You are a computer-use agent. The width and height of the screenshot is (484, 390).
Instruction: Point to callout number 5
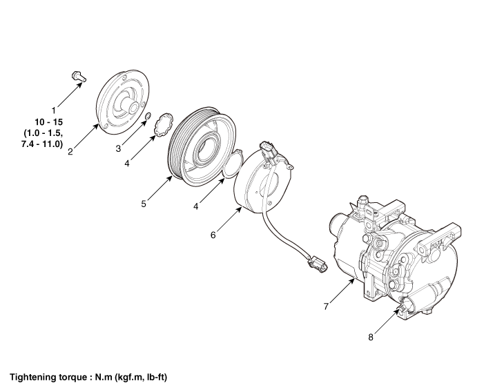coord(143,204)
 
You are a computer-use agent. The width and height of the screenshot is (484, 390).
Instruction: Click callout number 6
coord(213,235)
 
